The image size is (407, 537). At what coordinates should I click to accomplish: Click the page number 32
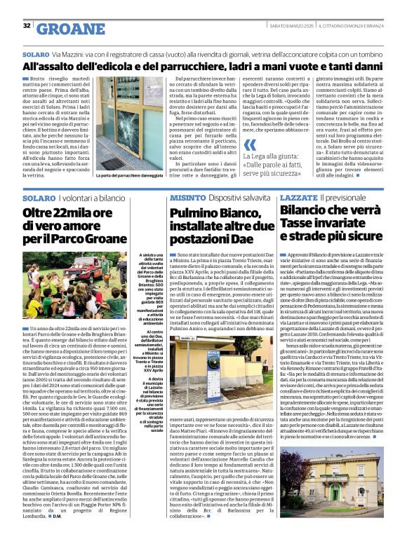coord(27,26)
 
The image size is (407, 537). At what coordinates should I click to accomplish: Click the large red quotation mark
coord(250,146)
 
